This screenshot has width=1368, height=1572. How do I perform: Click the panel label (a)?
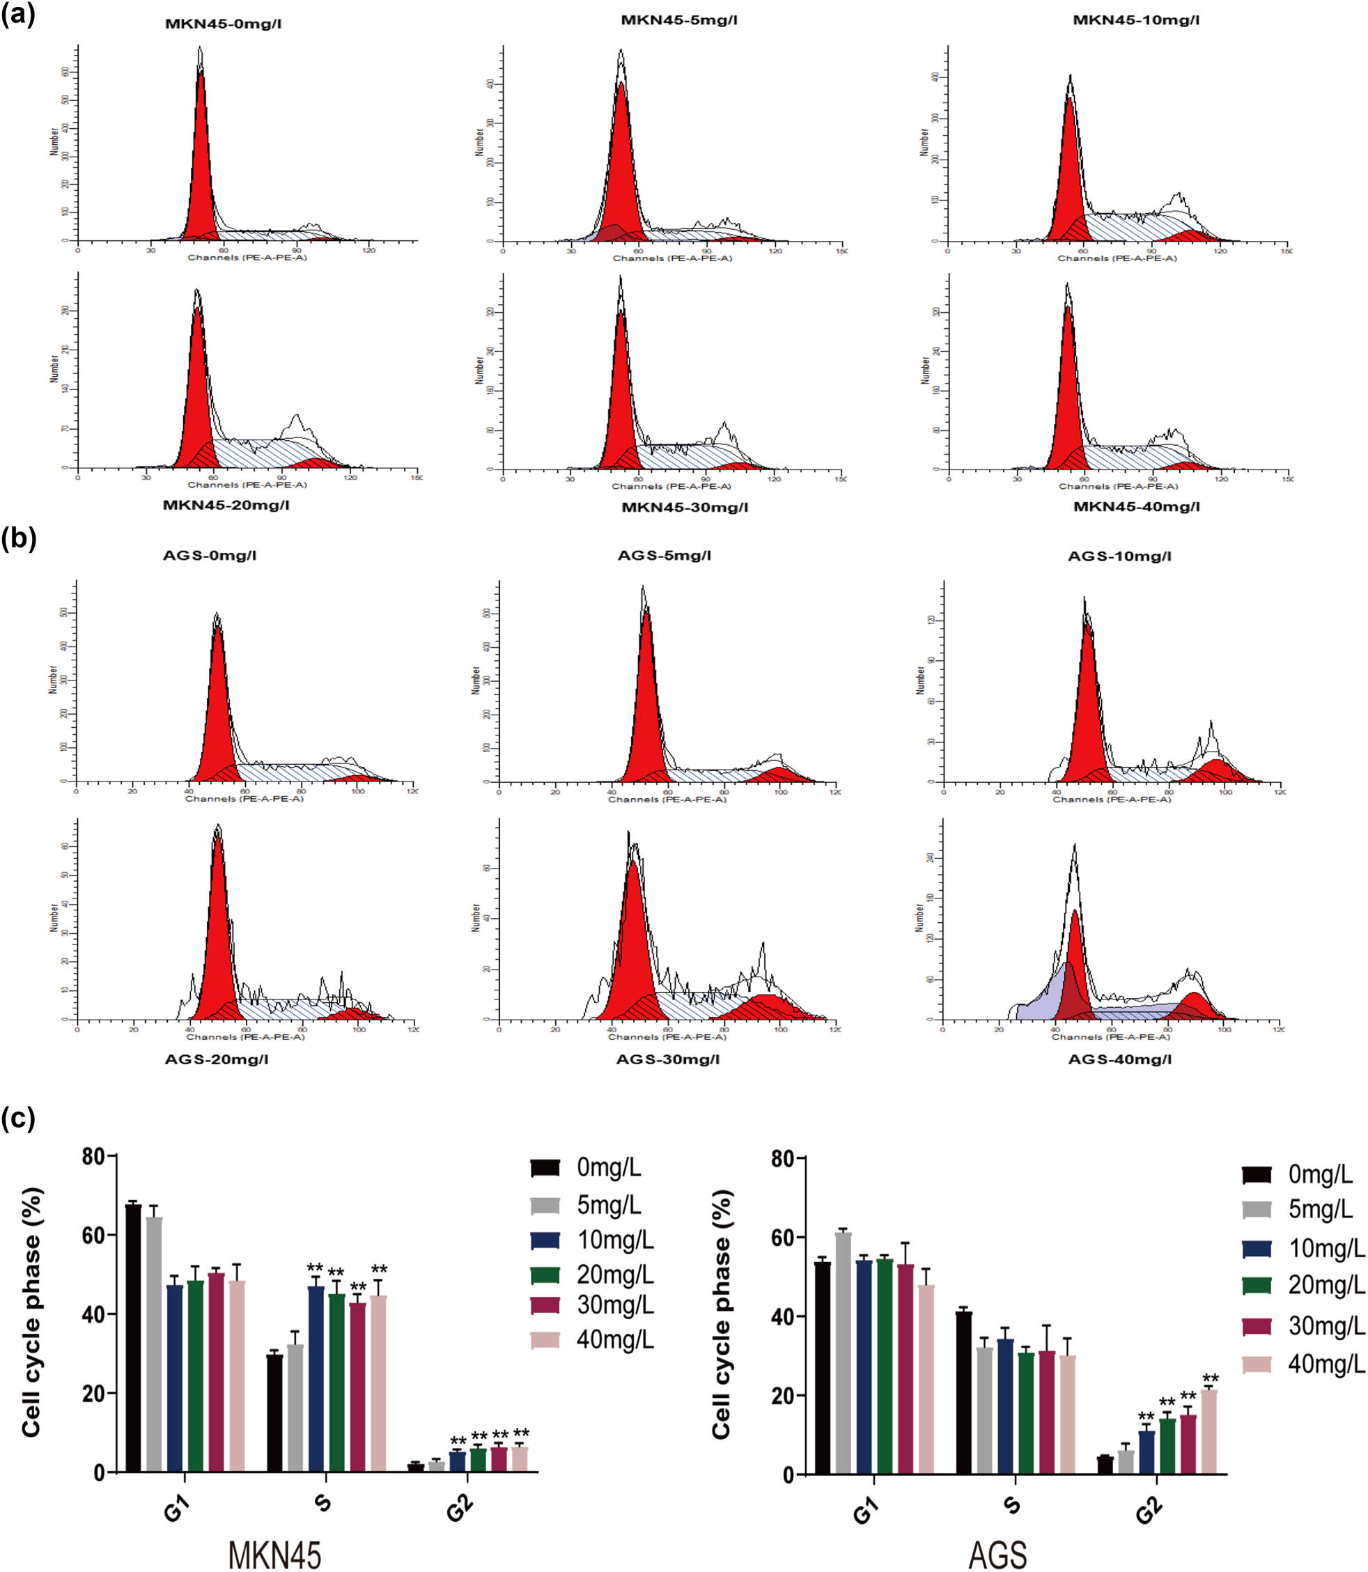pyautogui.click(x=18, y=15)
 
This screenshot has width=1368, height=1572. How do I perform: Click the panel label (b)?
pyautogui.click(x=19, y=539)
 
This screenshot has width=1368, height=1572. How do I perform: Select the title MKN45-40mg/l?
pyautogui.click(x=1136, y=506)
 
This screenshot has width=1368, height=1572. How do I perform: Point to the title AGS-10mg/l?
pyautogui.click(x=1119, y=556)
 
